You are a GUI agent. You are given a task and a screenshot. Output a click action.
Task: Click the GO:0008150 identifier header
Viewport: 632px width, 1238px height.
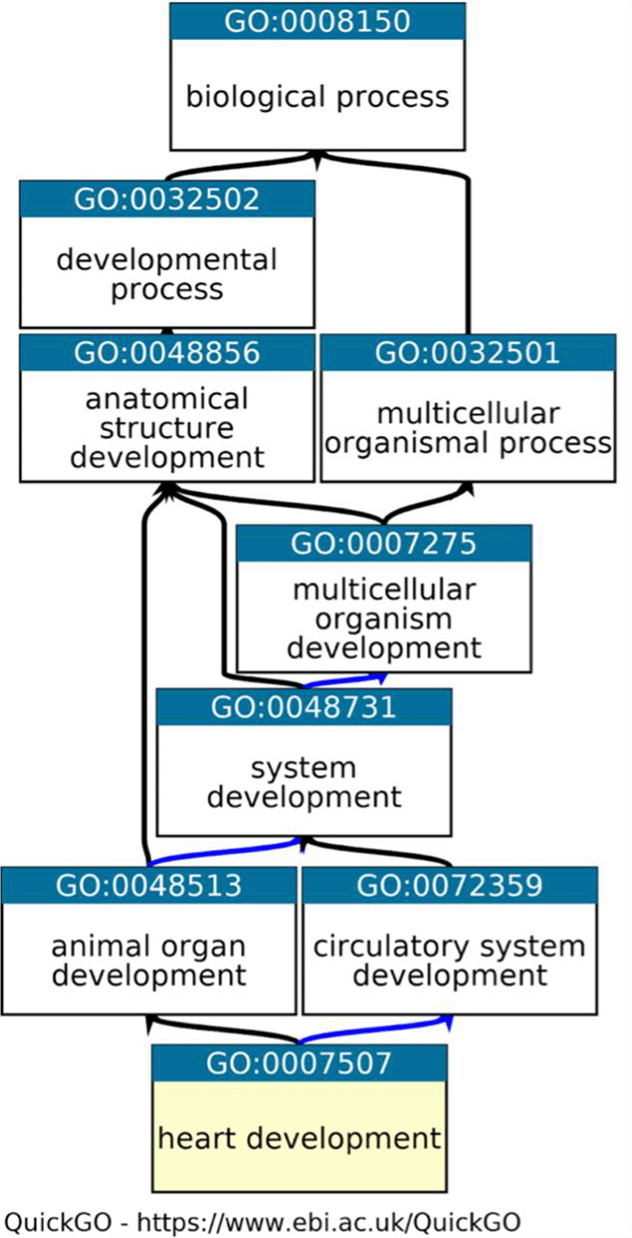317,21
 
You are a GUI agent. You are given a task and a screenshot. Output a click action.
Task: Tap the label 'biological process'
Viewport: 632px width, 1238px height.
317,96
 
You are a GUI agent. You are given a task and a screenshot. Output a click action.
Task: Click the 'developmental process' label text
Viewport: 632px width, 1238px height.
167,274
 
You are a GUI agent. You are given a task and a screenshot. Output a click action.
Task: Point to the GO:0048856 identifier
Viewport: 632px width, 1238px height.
167,352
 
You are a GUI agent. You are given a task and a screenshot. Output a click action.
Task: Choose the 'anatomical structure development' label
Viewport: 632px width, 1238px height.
167,428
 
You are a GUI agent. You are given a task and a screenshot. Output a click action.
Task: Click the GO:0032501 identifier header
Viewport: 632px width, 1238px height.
467,352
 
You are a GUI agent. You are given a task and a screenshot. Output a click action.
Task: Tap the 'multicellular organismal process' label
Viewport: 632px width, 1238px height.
467,428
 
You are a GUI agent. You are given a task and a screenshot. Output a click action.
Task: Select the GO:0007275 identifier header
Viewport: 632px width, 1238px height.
383,544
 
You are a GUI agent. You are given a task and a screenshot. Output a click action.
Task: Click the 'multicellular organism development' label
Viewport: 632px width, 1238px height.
383,619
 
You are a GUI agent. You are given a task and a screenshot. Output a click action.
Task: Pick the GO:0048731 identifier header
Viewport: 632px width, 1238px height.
303,706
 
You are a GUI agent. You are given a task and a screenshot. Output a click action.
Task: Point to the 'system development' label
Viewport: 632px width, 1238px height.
303,782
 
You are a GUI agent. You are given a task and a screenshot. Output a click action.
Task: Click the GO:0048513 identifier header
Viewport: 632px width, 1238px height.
148,885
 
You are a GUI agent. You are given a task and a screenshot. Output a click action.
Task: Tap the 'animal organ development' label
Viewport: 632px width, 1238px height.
148,961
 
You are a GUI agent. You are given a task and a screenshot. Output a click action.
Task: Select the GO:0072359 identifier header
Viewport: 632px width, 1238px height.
448,885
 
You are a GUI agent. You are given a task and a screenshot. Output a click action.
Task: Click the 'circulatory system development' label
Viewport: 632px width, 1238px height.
448,961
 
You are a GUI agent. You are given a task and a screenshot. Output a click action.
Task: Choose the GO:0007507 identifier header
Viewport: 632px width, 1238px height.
299,1064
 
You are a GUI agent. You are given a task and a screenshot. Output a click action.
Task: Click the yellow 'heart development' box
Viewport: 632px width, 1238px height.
299,1139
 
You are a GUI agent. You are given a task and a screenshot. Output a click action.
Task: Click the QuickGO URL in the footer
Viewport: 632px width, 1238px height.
328,1220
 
